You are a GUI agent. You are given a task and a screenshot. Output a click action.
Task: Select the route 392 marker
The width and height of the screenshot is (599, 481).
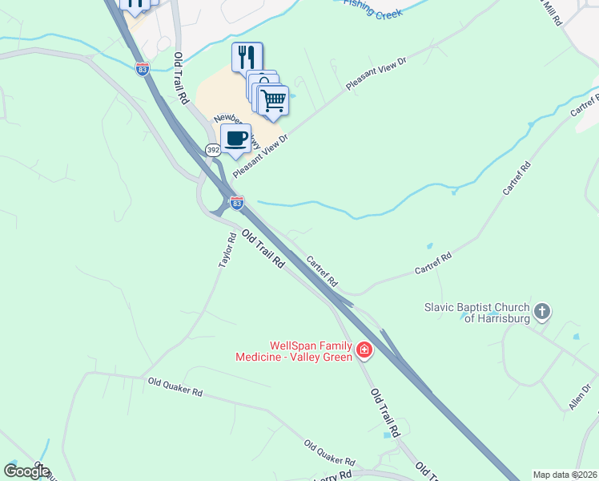(212, 150)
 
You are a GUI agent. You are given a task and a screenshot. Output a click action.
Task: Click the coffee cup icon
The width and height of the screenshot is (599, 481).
(236, 138)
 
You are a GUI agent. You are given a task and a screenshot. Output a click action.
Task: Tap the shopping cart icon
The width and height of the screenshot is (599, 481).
(273, 100)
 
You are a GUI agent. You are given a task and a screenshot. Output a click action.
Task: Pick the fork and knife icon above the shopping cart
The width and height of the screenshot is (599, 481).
(247, 57)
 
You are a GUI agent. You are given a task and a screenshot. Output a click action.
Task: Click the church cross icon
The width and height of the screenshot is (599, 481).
(542, 311)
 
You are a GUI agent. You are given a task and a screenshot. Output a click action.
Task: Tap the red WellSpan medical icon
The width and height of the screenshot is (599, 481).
(364, 350)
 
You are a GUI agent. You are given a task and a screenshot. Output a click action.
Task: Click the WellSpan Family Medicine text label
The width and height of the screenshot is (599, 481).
(293, 351)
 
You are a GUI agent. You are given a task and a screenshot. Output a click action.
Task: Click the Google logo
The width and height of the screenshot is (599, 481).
(26, 471)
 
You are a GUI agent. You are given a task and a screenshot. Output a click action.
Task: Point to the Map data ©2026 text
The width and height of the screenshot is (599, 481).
(565, 475)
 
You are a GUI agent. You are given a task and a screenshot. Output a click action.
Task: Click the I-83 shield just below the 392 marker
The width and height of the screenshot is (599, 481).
(236, 203)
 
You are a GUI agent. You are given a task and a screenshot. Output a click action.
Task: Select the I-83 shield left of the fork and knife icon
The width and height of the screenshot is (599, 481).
(143, 69)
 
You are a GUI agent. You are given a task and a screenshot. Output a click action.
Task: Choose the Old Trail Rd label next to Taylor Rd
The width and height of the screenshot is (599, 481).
(263, 249)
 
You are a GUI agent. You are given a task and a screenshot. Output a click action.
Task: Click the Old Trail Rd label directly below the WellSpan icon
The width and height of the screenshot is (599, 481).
(385, 413)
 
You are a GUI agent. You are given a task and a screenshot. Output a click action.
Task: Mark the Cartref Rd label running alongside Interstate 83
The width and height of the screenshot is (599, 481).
(321, 272)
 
